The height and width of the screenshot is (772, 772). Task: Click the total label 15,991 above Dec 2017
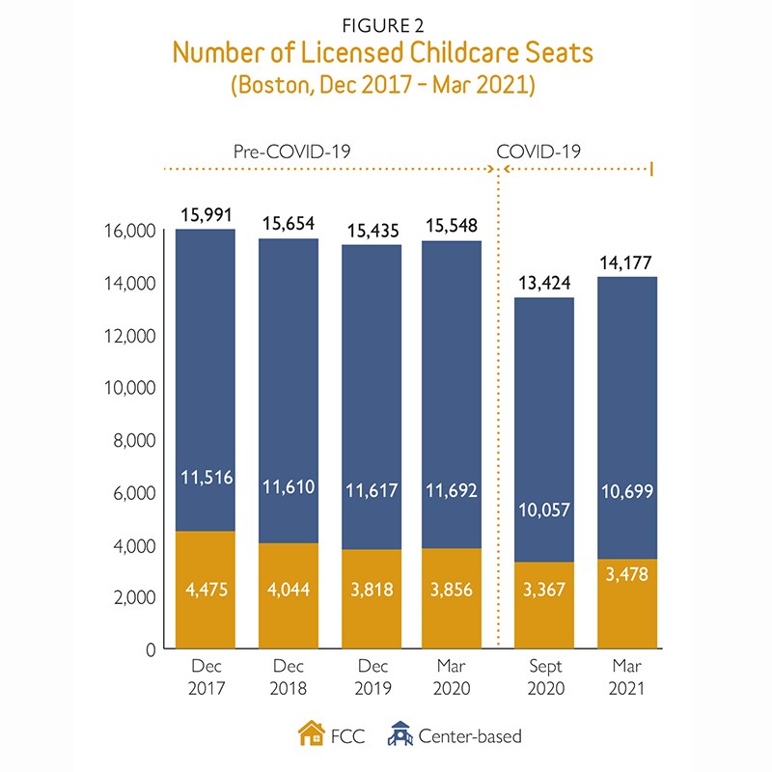205,215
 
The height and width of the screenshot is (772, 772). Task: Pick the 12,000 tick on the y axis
129,336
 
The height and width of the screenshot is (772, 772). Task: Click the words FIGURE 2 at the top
385,24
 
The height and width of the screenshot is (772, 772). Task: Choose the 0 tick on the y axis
148,649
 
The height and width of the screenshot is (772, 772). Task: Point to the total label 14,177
627,262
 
